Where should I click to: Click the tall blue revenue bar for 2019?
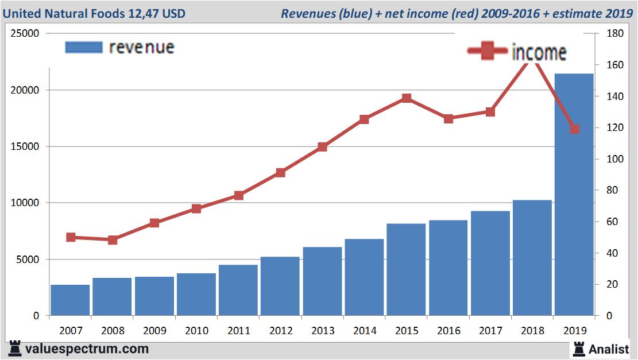(x=574, y=195)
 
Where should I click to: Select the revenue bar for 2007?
(x=70, y=300)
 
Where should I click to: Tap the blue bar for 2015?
(x=406, y=270)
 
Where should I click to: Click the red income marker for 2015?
(x=407, y=98)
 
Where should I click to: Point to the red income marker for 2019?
(x=574, y=129)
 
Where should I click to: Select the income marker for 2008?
(x=113, y=239)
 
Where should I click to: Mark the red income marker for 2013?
(x=322, y=147)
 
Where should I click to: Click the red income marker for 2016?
(x=448, y=119)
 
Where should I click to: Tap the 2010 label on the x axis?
(x=196, y=331)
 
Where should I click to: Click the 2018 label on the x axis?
(x=532, y=331)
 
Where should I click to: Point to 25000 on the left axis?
(x=26, y=34)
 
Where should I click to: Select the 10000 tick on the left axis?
(x=26, y=203)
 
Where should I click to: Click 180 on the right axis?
(x=615, y=34)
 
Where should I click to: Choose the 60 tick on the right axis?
(x=613, y=222)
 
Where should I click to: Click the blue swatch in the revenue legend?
(x=84, y=47)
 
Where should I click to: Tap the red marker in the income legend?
(x=488, y=52)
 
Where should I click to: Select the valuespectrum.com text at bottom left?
(x=86, y=349)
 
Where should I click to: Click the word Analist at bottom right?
(x=609, y=349)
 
